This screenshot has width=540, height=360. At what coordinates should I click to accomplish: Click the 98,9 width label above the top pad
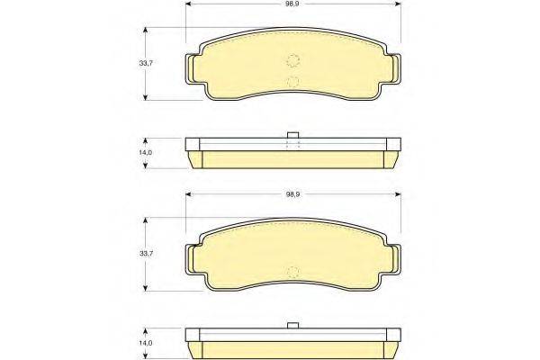[x=292, y=4]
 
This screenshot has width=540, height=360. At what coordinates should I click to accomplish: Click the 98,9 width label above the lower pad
[x=292, y=194]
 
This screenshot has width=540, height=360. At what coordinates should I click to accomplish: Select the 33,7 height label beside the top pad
[x=146, y=63]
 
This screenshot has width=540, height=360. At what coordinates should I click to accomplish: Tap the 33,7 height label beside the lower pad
[x=146, y=254]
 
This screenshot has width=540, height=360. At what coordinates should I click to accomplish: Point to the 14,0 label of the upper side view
[x=146, y=153]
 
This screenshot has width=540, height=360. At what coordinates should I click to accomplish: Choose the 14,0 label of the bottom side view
[x=146, y=343]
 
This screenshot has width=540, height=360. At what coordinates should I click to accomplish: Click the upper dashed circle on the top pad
[x=293, y=60]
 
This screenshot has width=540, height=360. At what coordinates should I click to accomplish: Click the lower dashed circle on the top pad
[x=293, y=82]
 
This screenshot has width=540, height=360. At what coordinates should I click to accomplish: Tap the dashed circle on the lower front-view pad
[x=293, y=272]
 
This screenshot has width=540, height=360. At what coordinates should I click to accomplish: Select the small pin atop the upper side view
[x=292, y=135]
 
